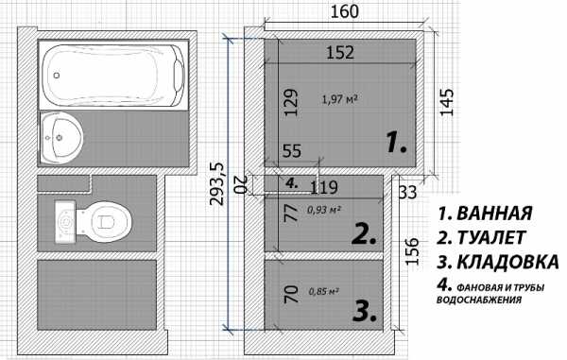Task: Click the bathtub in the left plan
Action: [113, 75]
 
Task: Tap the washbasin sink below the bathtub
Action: [60, 138]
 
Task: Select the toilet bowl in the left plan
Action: [103, 221]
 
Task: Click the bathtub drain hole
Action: [57, 76]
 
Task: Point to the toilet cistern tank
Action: [65, 222]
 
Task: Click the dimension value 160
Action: [345, 11]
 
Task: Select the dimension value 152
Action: [340, 52]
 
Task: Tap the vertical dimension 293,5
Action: [217, 184]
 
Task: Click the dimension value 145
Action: [446, 102]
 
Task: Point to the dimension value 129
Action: [291, 102]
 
